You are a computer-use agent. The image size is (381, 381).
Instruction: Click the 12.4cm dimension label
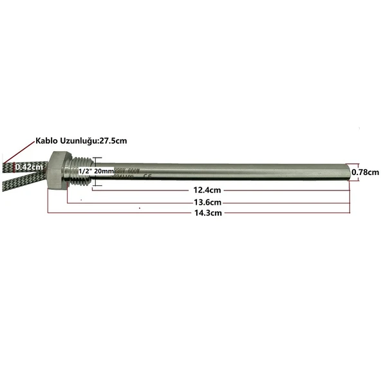207,190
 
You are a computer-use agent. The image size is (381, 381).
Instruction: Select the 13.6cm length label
207,201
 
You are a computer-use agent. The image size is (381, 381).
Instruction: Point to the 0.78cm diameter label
366,172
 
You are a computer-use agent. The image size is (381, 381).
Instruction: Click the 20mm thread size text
103,172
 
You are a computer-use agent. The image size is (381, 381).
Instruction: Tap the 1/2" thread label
84,172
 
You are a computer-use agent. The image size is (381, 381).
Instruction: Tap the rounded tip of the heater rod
348,172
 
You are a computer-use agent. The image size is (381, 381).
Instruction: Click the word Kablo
49,140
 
